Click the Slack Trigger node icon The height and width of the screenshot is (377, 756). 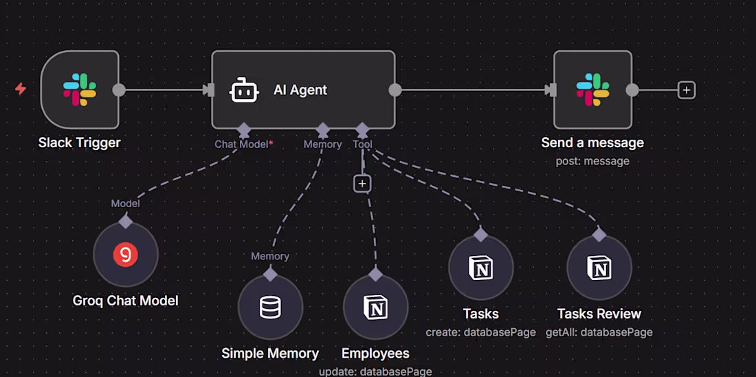[x=80, y=90]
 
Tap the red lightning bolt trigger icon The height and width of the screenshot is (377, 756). [x=21, y=89]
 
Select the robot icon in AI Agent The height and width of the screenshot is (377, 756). [x=244, y=90]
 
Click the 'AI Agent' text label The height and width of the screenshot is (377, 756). [x=300, y=90]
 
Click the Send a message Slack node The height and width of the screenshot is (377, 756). [x=592, y=90]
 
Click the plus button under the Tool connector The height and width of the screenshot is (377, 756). [x=362, y=184]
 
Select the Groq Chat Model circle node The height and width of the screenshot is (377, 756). [x=125, y=255]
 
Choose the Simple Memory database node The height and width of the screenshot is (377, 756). [x=270, y=308]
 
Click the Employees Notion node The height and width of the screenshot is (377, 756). [x=375, y=308]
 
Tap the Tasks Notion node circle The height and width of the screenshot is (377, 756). [x=480, y=268]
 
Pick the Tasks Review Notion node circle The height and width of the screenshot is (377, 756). [x=599, y=268]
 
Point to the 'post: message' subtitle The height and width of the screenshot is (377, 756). [x=592, y=161]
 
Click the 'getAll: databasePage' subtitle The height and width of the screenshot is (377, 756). [x=599, y=332]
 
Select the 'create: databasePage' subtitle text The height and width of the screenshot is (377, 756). [x=480, y=332]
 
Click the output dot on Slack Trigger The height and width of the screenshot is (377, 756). [x=119, y=90]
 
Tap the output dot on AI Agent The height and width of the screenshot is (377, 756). [x=395, y=90]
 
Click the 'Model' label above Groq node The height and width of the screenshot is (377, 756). [x=125, y=203]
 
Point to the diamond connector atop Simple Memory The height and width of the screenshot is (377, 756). [x=270, y=274]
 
